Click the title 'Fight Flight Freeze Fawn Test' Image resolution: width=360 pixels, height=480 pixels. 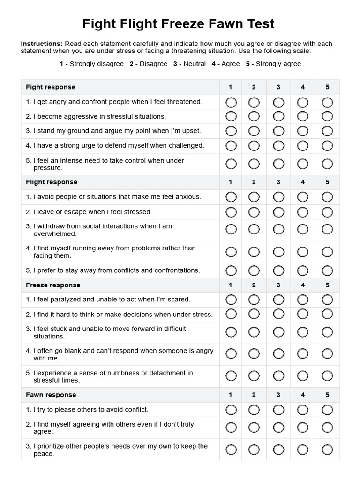tap(179, 24)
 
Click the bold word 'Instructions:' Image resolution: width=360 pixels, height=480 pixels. tap(42, 44)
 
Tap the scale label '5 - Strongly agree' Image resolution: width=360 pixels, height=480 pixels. tap(273, 64)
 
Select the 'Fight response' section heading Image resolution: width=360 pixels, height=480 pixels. tap(51, 87)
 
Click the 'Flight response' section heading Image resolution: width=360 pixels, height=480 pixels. tap(52, 182)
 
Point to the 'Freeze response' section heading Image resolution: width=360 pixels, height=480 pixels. tap(53, 285)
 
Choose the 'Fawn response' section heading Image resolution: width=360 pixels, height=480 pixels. tap(51, 395)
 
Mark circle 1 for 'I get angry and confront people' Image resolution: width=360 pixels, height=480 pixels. tap(231, 102)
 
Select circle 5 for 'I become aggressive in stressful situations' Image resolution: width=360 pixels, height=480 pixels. tap(327, 116)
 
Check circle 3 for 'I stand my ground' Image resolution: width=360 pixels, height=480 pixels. tap(278, 131)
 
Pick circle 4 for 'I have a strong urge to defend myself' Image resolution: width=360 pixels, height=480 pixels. tap(303, 146)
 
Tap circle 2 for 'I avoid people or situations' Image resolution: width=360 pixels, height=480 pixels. tap(254, 197)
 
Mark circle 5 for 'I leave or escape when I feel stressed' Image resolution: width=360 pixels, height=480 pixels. tap(327, 212)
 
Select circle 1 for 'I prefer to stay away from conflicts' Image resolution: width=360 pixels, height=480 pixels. tap(231, 270)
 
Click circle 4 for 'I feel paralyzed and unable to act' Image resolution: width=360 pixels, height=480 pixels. tap(303, 300)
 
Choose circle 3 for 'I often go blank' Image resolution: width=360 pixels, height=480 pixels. tap(278, 354)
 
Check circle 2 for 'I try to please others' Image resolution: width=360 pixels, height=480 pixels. tap(254, 410)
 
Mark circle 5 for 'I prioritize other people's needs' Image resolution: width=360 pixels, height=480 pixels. tap(327, 450)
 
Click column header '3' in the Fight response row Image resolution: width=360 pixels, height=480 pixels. tap(278, 87)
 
